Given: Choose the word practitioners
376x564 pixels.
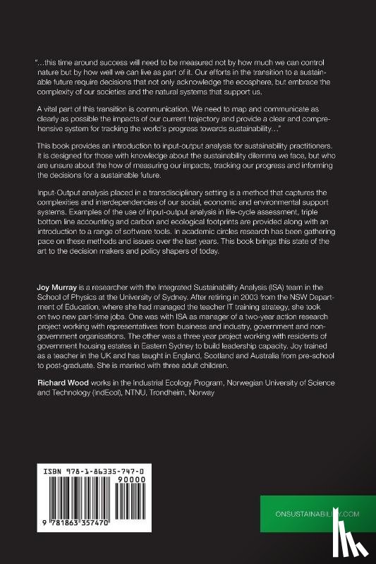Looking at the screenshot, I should click(310, 144).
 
